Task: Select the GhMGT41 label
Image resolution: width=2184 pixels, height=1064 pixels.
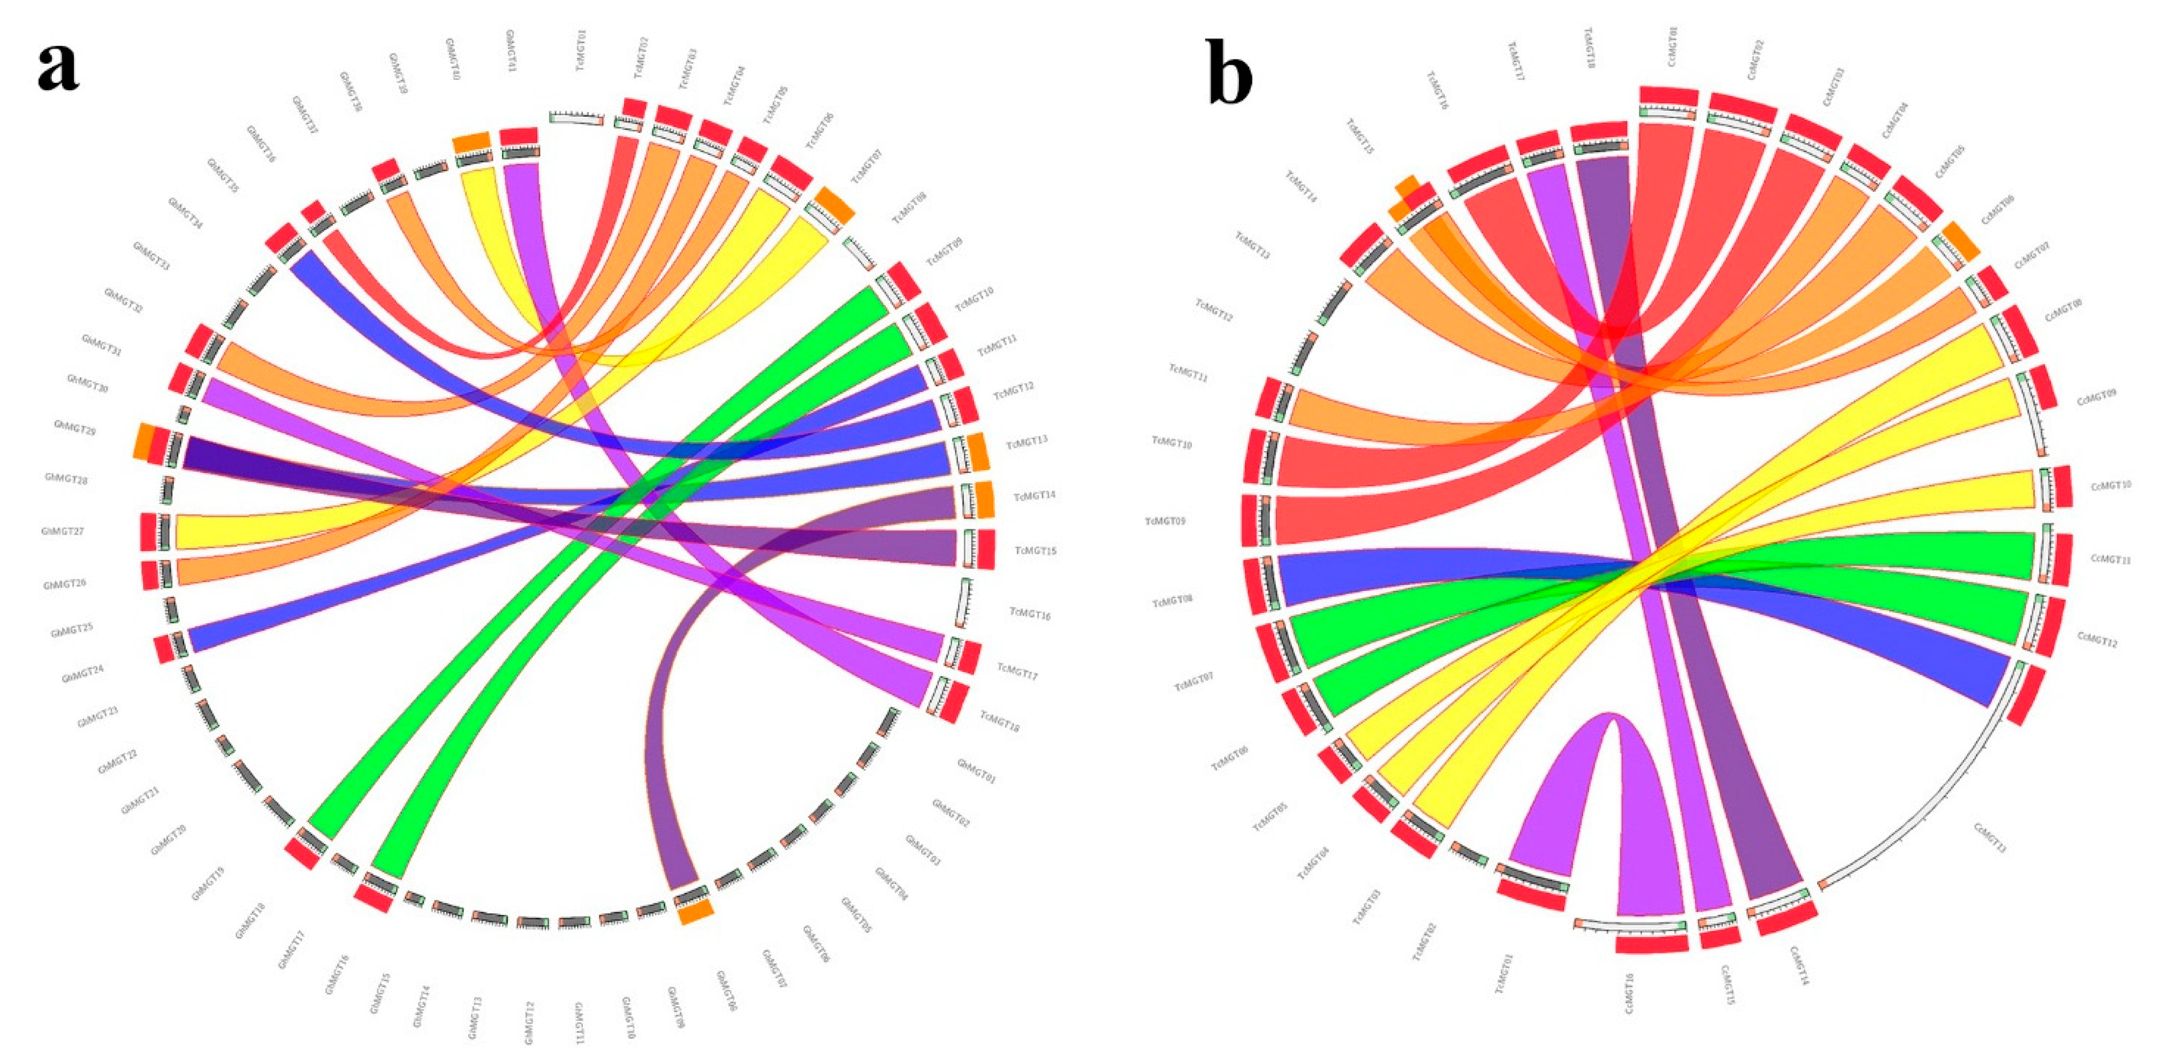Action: [x=511, y=50]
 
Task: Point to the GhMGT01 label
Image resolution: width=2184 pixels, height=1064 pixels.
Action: [x=975, y=771]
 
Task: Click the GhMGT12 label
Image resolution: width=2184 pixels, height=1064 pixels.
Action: [x=529, y=1022]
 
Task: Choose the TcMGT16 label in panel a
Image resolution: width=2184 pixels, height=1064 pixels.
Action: [x=1030, y=612]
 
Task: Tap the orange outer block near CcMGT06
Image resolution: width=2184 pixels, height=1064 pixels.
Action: [x=1961, y=241]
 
